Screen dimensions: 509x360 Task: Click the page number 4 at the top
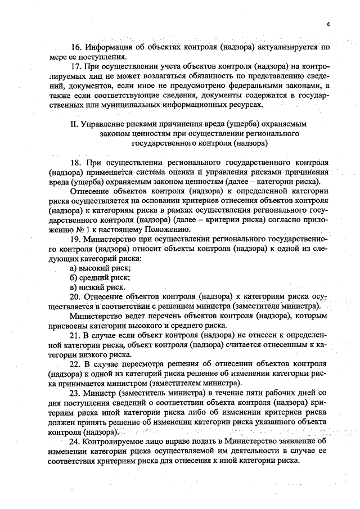click(327, 24)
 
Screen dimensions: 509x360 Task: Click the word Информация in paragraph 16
click(110, 47)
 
